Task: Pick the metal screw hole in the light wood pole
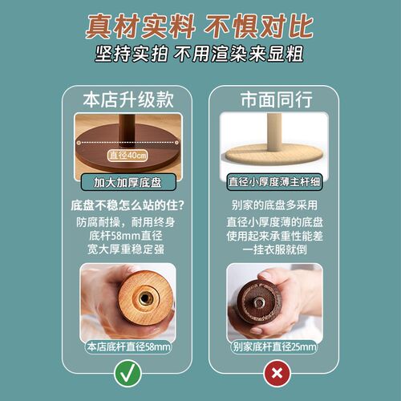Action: click(x=144, y=298)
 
